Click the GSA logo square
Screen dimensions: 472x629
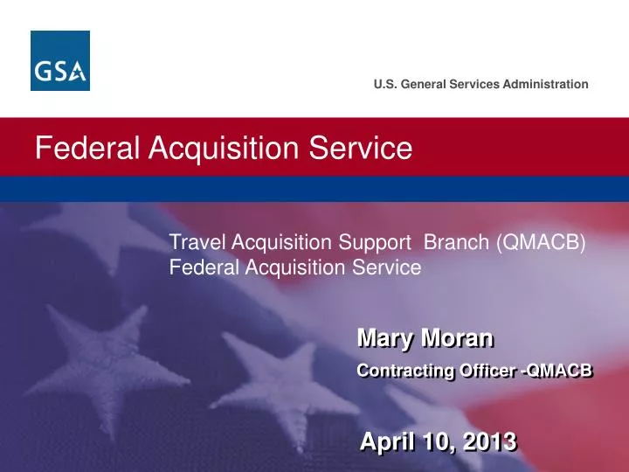point(60,60)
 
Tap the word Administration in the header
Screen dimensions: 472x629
point(546,84)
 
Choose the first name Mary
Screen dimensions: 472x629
point(386,337)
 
